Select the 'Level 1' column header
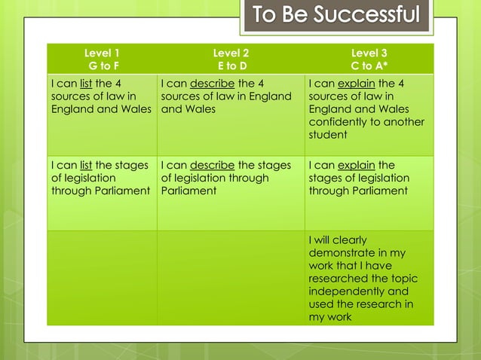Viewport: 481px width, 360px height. tap(102, 53)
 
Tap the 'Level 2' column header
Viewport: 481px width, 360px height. tap(231, 53)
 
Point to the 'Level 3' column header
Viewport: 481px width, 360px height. tap(369, 53)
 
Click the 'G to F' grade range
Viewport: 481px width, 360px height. tap(102, 66)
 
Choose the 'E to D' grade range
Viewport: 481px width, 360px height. tap(231, 66)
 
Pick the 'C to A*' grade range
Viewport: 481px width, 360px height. tap(369, 66)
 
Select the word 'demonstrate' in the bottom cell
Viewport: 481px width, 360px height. tap(343, 253)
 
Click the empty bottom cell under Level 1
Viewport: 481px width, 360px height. tap(102, 278)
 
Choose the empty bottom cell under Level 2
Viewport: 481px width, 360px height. tap(231, 278)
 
